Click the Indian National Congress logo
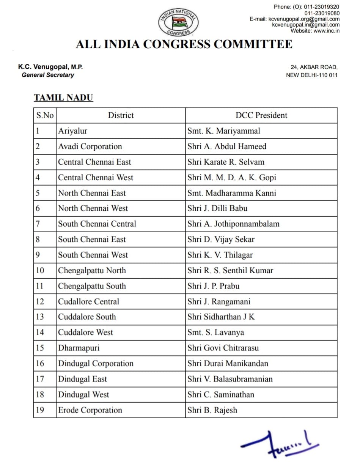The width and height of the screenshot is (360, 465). (178, 22)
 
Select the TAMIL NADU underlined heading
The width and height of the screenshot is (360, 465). (63, 98)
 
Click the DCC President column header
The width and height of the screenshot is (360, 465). (261, 115)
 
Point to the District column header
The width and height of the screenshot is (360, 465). (121, 115)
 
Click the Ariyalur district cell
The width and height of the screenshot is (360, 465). (73, 131)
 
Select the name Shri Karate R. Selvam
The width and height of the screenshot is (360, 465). (226, 162)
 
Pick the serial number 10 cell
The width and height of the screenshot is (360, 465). (40, 271)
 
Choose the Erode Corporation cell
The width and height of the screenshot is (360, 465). (90, 410)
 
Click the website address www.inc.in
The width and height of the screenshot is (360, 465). (326, 31)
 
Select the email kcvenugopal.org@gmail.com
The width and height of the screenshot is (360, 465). (304, 19)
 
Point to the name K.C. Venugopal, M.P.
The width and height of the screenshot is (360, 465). (50, 67)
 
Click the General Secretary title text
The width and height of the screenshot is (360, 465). (48, 75)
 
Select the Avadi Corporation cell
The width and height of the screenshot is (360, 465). (90, 147)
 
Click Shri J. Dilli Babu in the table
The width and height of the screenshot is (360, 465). (217, 208)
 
